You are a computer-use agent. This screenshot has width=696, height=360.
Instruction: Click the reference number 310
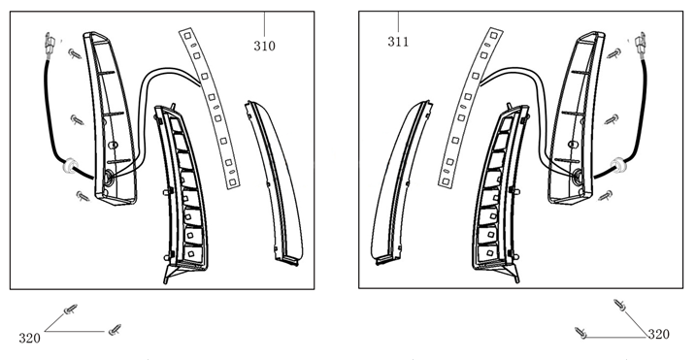click(265, 46)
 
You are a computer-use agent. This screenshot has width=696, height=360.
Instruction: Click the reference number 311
click(398, 42)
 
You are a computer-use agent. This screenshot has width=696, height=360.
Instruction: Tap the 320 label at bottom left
click(29, 339)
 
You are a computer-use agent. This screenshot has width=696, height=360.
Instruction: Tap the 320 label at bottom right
click(658, 334)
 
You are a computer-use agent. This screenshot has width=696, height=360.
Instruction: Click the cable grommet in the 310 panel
click(69, 165)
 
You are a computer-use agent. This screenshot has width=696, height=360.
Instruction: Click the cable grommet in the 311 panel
click(617, 165)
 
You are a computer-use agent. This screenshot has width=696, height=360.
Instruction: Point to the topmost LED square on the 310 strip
click(187, 35)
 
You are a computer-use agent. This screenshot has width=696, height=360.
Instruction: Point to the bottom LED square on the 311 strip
click(446, 181)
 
